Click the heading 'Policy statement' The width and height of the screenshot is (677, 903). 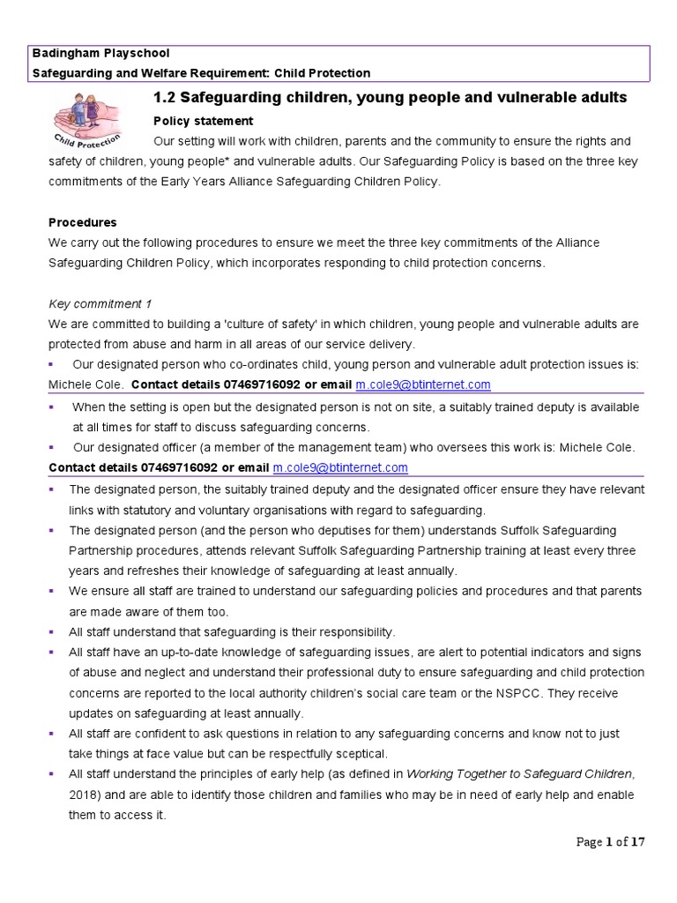tap(203, 121)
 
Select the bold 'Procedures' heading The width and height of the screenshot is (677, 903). tap(83, 222)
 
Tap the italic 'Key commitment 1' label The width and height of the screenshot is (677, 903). tap(100, 303)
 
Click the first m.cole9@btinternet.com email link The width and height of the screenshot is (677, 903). tap(422, 385)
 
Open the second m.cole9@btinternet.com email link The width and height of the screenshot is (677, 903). tap(340, 467)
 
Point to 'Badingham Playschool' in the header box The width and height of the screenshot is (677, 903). tap(101, 53)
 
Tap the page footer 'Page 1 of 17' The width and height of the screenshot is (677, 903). tap(611, 842)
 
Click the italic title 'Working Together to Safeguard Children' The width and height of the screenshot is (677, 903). tap(520, 774)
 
